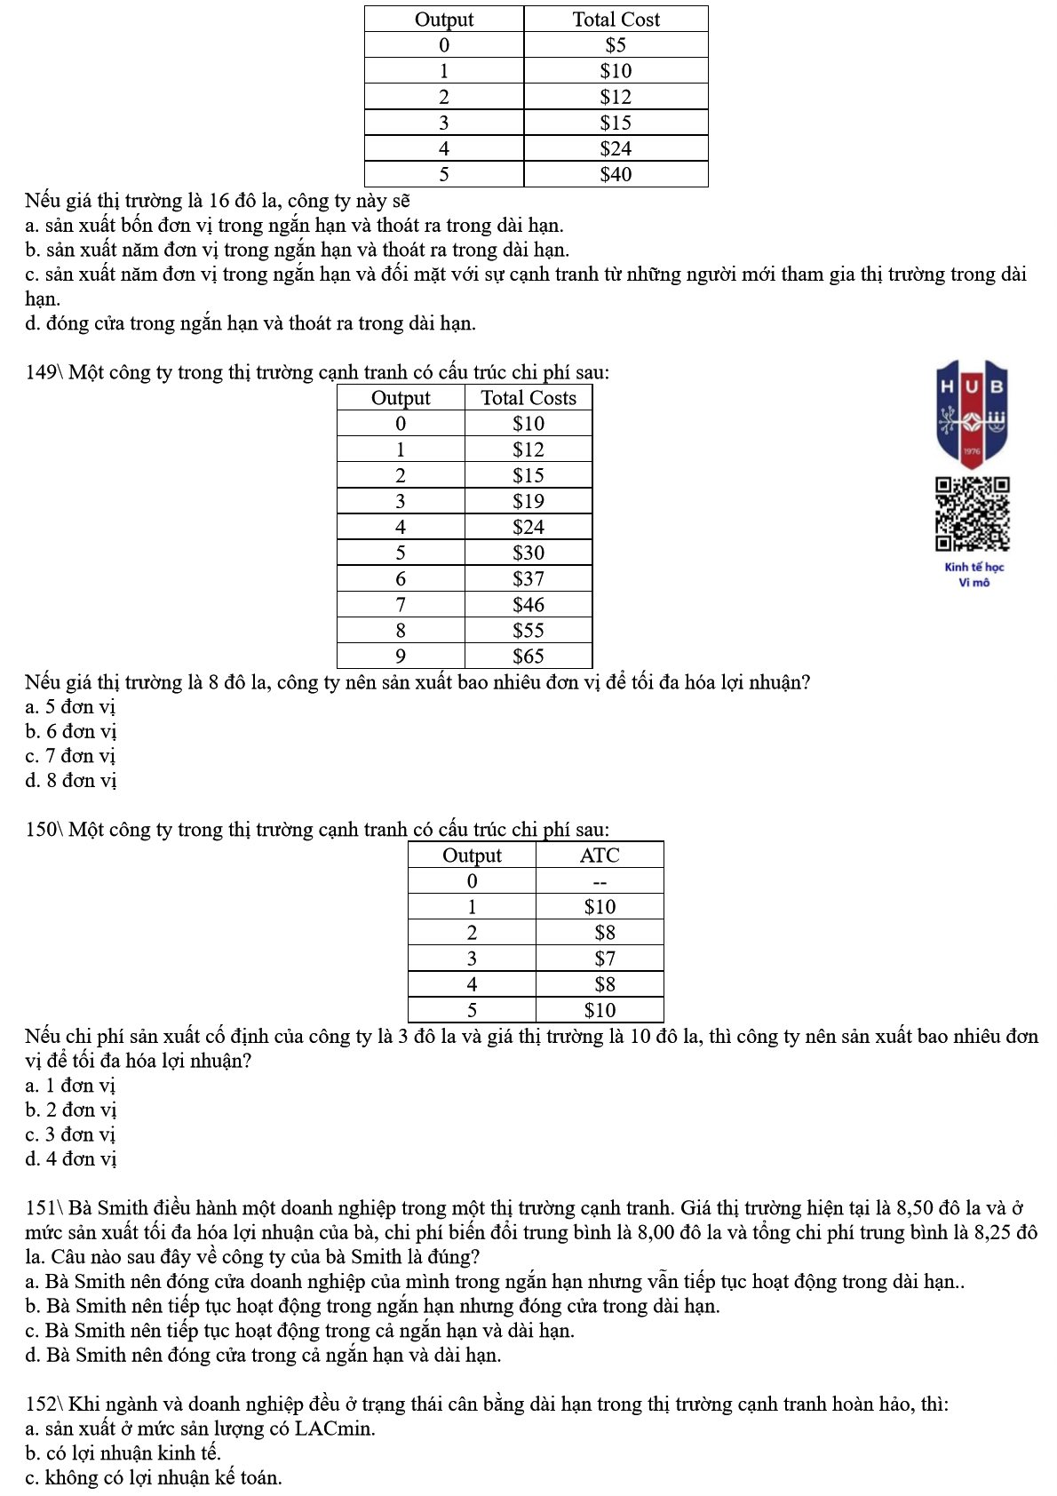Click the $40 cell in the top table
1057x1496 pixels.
point(616,174)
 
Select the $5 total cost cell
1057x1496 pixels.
point(616,45)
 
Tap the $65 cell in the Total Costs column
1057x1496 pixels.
point(528,656)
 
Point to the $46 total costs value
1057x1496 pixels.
point(528,605)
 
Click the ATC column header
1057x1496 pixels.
point(600,855)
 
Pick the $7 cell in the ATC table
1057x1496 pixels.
point(605,959)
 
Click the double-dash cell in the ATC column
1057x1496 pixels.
point(600,881)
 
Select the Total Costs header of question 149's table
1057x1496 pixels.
point(528,398)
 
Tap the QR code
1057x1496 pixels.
point(973,514)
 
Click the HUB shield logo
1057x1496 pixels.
point(973,413)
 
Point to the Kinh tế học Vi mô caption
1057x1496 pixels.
point(974,575)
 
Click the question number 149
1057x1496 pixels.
point(41,372)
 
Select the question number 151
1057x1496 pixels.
point(41,1208)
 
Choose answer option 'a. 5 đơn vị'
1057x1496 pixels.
point(71,707)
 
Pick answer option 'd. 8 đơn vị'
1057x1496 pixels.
point(71,781)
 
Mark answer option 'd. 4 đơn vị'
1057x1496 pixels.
point(71,1159)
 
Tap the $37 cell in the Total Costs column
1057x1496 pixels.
point(528,579)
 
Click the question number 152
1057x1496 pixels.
point(41,1404)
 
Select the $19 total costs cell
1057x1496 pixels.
point(528,502)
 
